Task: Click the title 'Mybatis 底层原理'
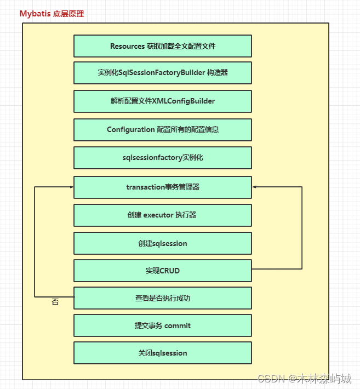[x=52, y=14]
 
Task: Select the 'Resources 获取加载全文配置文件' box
[x=163, y=46]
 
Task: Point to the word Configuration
[x=130, y=130]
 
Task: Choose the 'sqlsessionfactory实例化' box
[x=163, y=158]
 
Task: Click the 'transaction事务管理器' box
[x=163, y=187]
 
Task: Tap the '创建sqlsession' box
[x=163, y=243]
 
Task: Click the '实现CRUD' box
[x=163, y=271]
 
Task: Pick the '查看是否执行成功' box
[x=163, y=299]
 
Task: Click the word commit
[x=178, y=326]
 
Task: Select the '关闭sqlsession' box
[x=163, y=353]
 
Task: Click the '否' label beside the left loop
[x=55, y=302]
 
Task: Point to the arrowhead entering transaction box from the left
[x=71, y=187]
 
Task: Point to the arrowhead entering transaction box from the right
[x=254, y=187]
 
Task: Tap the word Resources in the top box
[x=127, y=46]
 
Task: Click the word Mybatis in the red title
[x=35, y=14]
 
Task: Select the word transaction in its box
[x=145, y=187]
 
